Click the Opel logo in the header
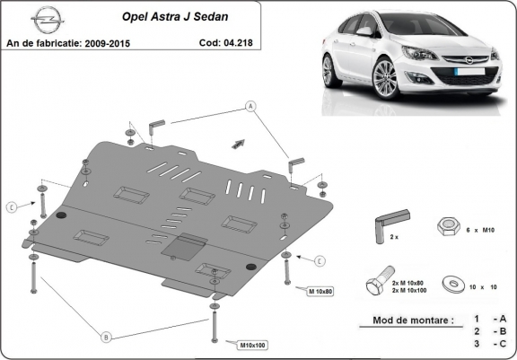coord(48,20)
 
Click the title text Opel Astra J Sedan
coord(175,16)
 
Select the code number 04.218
coord(238,42)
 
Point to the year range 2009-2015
coord(108,43)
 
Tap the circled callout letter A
coord(251,107)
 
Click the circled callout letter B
coord(106,338)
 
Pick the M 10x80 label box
coord(320,291)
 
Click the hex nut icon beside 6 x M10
coord(449,226)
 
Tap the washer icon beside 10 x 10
coord(453,284)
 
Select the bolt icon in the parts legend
coord(381,281)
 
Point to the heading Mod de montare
coord(413,320)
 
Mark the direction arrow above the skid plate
coord(238,144)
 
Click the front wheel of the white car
coord(385,78)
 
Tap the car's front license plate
coord(469,72)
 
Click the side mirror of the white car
coord(365,31)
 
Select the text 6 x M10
coord(480,231)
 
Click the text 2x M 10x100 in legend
coord(409,291)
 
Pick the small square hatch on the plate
coord(184,247)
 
